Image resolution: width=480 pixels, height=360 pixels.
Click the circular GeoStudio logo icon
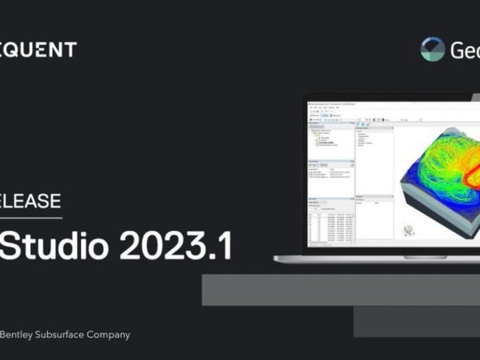[433, 49]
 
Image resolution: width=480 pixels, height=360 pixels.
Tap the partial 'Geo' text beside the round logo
[465, 50]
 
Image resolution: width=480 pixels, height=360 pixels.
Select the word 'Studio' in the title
[55, 246]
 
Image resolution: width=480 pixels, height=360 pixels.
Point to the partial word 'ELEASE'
[31, 200]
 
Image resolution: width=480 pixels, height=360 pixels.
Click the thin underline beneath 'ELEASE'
[31, 217]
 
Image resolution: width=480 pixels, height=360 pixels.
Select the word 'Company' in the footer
[109, 334]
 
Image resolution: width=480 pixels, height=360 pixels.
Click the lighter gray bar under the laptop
[341, 289]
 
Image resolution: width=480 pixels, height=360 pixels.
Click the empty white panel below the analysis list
[374, 224]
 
